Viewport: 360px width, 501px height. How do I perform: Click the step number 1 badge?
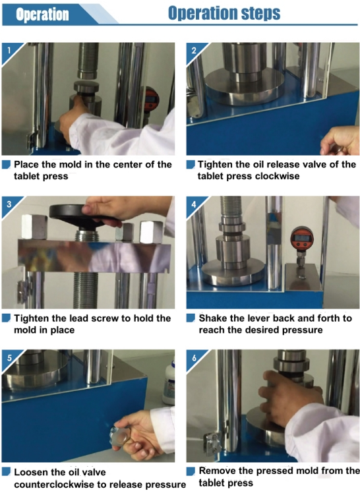coord(9,51)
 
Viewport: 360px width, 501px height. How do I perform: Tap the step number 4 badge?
coord(194,204)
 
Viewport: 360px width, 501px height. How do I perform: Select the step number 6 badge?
coord(194,358)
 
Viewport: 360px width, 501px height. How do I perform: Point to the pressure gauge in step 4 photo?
coord(301,239)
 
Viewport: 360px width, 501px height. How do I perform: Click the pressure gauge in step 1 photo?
coord(152,100)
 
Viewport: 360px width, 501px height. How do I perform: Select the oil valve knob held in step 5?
coord(117,437)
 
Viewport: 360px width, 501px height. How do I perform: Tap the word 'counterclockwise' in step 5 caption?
coord(53,485)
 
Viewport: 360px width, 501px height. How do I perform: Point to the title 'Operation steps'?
coord(224,13)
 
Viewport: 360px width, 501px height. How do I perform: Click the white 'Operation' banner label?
coord(42,15)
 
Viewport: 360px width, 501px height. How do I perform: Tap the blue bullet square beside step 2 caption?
coord(191,165)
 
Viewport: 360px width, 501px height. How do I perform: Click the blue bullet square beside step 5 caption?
coord(6,471)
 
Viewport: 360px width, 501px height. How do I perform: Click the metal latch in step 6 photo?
coord(212,442)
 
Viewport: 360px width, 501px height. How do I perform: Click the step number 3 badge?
coord(9,204)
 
